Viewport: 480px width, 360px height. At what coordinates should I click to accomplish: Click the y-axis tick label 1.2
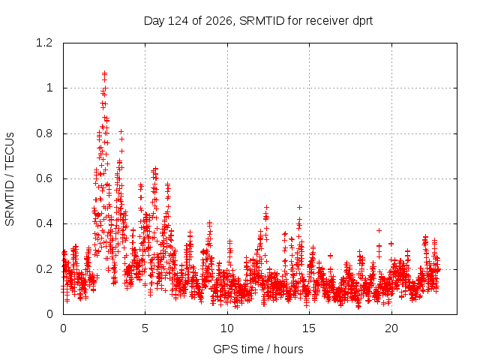pos(44,43)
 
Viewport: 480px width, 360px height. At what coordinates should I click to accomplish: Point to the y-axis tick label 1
pos(49,88)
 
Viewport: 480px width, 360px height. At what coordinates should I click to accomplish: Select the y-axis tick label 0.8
pos(44,133)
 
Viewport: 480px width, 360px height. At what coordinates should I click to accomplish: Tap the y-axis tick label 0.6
pos(44,178)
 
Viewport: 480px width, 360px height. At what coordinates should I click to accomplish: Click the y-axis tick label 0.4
pos(44,223)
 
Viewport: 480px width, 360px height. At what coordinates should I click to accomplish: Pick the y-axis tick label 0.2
pos(44,269)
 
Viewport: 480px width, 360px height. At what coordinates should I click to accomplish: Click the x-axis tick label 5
pos(145,328)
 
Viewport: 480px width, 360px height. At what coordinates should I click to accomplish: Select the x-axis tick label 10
pos(227,328)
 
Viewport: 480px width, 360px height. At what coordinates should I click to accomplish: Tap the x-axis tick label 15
pos(309,328)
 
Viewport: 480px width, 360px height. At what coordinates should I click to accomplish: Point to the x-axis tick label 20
pos(391,328)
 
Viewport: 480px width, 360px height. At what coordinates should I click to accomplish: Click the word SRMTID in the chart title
pos(262,21)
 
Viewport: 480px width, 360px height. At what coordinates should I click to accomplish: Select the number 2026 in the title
pos(219,21)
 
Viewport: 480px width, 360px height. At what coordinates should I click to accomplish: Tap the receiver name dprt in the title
pos(363,21)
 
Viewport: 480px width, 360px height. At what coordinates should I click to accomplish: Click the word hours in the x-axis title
pos(288,349)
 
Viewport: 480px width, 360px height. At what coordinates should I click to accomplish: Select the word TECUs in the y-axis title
pos(10,150)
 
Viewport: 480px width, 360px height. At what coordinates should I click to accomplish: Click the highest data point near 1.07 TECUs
pos(105,73)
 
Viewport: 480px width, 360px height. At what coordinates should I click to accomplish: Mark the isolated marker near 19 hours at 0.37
pos(379,230)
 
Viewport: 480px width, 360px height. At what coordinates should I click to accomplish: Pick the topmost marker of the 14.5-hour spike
pos(299,207)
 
